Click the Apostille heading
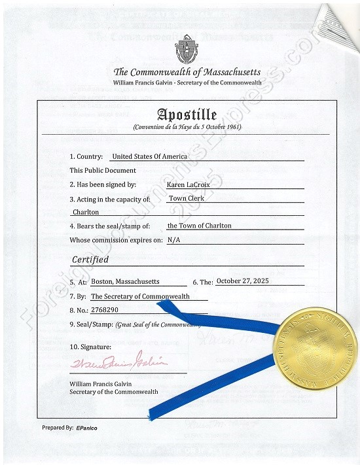pyautogui.click(x=187, y=114)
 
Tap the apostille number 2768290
pyautogui.click(x=105, y=309)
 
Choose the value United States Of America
pyautogui.click(x=149, y=156)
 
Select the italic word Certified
pyautogui.click(x=90, y=260)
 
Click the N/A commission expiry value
pyautogui.click(x=174, y=240)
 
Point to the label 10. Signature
pyautogui.click(x=90, y=346)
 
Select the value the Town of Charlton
pyautogui.click(x=199, y=226)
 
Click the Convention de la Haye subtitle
pyautogui.click(x=187, y=127)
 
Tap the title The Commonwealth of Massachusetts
pyautogui.click(x=187, y=72)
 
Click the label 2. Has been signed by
pyautogui.click(x=103, y=184)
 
